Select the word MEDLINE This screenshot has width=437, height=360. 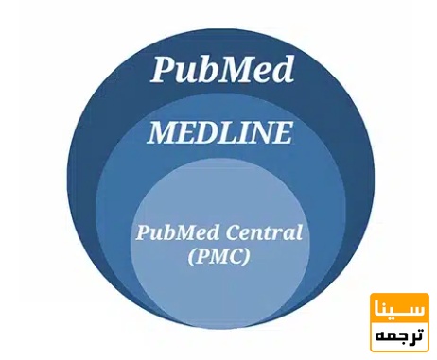pos(218,133)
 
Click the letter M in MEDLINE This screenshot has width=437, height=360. pos(161,133)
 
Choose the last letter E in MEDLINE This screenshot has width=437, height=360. pos(281,133)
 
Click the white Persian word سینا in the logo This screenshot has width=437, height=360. pos(399,310)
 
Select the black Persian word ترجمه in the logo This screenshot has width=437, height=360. pos(399,334)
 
